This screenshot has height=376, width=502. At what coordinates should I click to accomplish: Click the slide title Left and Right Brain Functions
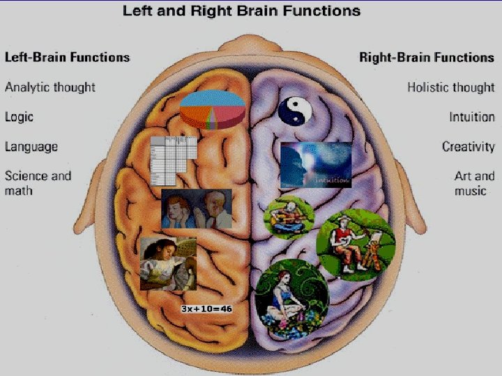(x=242, y=11)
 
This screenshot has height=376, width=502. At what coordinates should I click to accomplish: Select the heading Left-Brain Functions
(x=68, y=57)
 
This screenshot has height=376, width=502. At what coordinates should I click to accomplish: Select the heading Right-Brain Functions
(x=427, y=57)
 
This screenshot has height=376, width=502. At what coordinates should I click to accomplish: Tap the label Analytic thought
(x=50, y=87)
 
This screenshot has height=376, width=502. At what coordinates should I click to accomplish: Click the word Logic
(x=19, y=117)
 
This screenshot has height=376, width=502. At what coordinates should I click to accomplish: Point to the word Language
(x=31, y=147)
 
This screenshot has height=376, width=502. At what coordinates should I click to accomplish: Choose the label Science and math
(x=38, y=182)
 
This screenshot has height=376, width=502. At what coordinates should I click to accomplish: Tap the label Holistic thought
(x=450, y=87)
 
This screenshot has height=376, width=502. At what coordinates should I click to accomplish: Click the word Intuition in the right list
(x=471, y=117)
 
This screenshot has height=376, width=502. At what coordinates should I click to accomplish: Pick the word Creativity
(x=468, y=147)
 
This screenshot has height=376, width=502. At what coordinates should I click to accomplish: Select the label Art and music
(x=474, y=182)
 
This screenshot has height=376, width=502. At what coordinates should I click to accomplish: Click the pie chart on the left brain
(x=212, y=108)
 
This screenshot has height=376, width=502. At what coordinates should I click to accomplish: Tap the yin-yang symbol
(x=293, y=110)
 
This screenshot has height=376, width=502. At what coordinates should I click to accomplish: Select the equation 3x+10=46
(x=206, y=308)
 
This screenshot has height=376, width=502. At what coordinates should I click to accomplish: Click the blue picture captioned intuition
(x=315, y=165)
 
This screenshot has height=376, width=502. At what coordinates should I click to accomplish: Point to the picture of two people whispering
(x=196, y=208)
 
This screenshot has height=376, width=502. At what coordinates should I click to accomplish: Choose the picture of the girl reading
(x=167, y=263)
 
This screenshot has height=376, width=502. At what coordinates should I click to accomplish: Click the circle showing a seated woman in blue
(x=291, y=296)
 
